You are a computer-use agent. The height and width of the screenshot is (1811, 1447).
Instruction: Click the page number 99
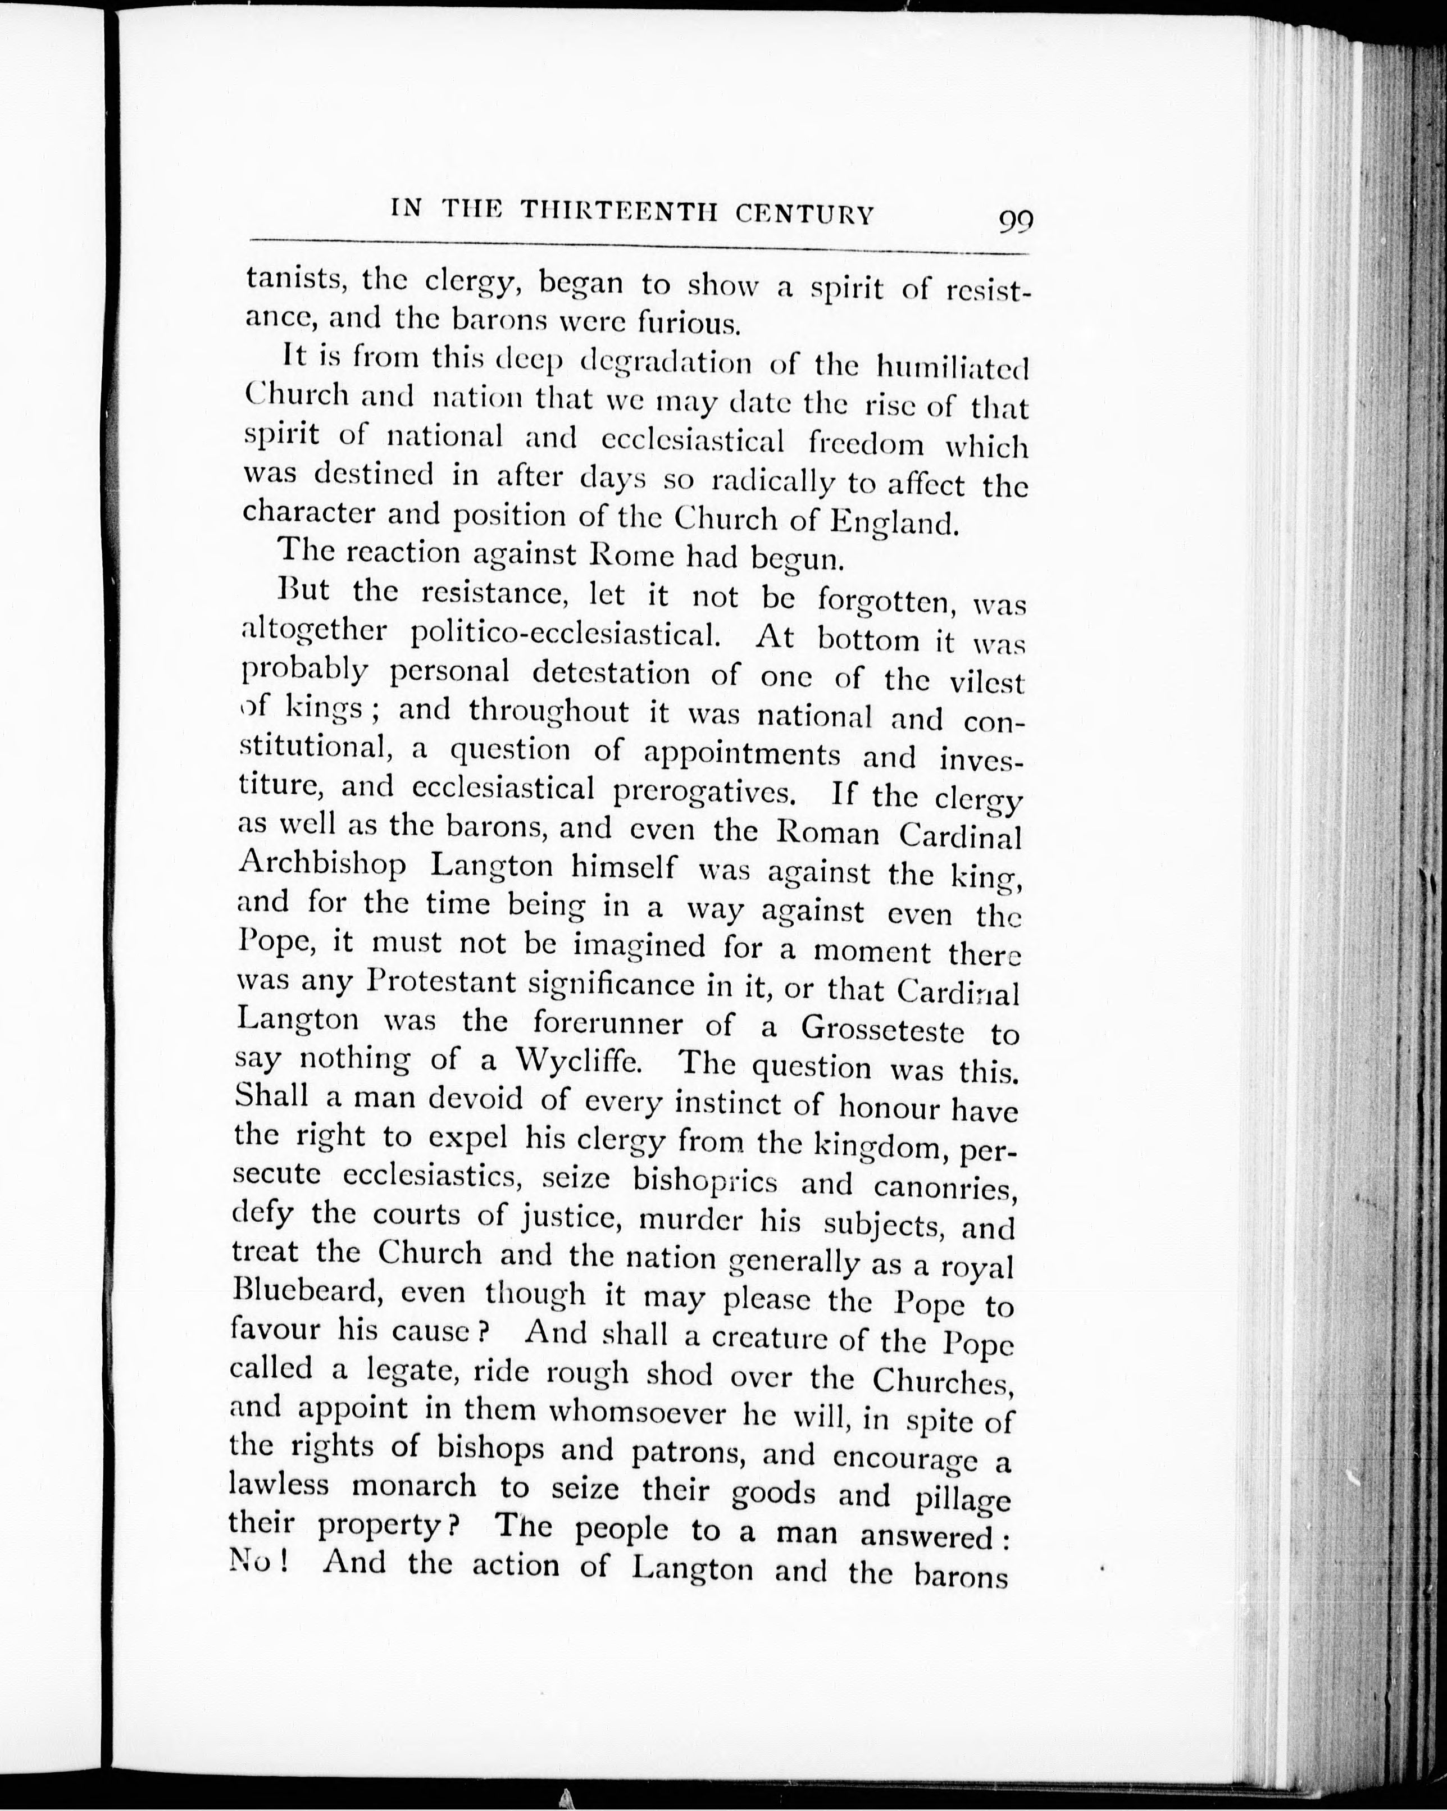(x=1016, y=222)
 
